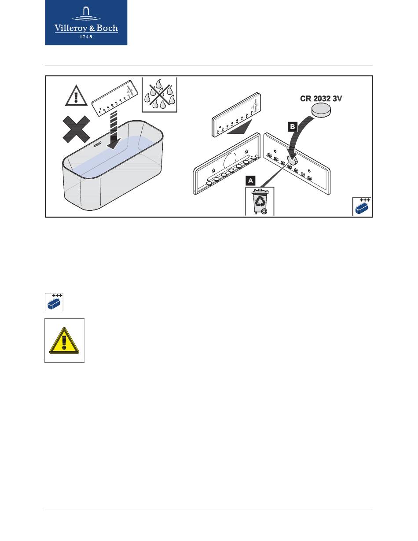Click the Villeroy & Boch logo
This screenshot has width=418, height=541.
tap(86, 22)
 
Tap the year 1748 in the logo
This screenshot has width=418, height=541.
tap(86, 37)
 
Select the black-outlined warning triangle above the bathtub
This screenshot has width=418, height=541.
tap(77, 95)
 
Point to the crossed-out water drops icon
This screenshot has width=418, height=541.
tap(159, 94)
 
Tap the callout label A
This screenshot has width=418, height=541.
tap(250, 180)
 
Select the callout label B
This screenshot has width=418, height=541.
tap(292, 127)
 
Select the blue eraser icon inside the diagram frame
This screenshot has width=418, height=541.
tap(362, 207)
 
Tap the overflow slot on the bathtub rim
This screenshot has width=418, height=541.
tap(97, 143)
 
